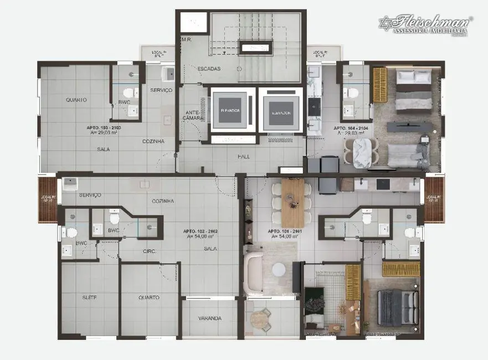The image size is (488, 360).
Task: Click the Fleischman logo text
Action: click(431, 23)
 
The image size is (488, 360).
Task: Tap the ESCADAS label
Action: click(209, 69)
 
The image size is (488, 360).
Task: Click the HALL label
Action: click(243, 156)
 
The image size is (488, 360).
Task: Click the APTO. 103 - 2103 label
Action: click(104, 130)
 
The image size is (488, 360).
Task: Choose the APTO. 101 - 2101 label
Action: click(285, 234)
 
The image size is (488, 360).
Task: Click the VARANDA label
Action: click(209, 318)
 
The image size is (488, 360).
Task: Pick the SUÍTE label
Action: click(89, 297)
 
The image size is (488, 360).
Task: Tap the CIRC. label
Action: click(150, 251)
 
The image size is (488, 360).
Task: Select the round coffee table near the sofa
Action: click(279, 269)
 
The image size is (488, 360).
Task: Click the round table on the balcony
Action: click(258, 320)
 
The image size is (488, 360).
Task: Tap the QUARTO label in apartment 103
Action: click(76, 100)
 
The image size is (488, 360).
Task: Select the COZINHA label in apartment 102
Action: click(164, 200)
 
